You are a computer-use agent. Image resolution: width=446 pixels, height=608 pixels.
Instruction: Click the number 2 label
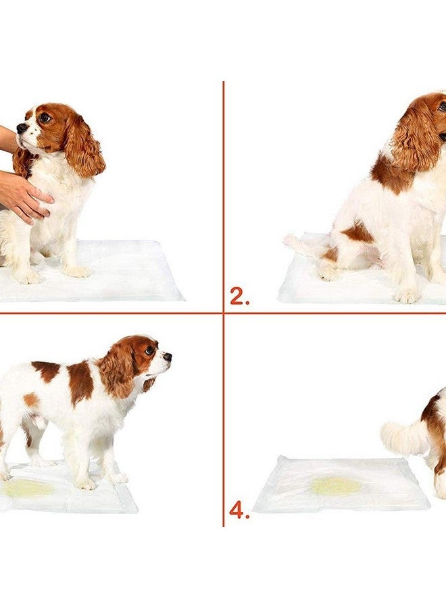point(239,296)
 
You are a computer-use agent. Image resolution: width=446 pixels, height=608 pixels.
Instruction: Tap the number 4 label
point(239,509)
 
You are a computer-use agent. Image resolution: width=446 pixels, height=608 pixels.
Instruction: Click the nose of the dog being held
point(22,128)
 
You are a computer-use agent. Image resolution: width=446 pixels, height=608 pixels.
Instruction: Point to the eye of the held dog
point(44,118)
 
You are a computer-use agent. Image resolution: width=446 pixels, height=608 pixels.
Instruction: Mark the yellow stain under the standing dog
point(27,488)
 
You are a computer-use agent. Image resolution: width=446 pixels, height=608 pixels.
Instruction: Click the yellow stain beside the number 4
point(336,484)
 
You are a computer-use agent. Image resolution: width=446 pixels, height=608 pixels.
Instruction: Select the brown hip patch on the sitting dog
point(357,233)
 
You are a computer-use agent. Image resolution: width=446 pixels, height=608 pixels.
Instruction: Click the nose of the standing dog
point(167,356)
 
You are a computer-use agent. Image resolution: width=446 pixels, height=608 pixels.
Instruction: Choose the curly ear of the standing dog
point(118,372)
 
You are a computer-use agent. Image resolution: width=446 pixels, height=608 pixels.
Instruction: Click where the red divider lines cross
point(223,313)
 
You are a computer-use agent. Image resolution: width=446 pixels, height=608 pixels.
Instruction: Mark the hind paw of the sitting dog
point(329,273)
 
